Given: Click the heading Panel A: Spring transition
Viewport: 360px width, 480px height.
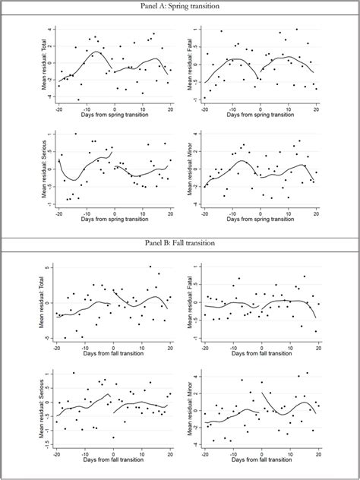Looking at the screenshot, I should [x=180, y=6].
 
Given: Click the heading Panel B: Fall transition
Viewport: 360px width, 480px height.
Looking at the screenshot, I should [x=180, y=244].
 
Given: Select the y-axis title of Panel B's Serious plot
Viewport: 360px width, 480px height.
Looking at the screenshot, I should [x=45, y=409].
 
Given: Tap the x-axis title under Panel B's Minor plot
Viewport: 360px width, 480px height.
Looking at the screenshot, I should [x=262, y=463].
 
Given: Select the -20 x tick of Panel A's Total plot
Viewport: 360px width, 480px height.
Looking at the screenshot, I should [x=57, y=109].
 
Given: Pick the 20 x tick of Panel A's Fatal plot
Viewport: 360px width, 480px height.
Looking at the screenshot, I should [x=318, y=109].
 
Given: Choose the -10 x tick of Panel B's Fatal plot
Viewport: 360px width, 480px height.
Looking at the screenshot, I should [x=233, y=349].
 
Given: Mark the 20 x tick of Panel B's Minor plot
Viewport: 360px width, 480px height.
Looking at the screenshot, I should [x=318, y=455].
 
